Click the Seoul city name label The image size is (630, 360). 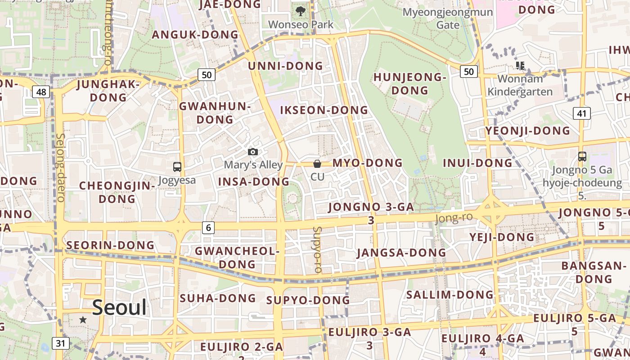[119, 308]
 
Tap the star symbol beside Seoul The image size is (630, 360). [83, 319]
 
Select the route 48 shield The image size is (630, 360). [41, 92]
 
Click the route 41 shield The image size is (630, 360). [581, 113]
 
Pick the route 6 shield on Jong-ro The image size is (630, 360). [208, 228]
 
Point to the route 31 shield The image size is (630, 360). [61, 343]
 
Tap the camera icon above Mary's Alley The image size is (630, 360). [253, 152]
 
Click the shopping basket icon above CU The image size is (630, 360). [317, 164]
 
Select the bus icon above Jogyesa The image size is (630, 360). [177, 167]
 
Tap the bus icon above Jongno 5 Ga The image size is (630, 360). [582, 157]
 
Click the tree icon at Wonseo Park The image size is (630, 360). [300, 11]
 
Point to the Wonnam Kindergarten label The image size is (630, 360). [520, 85]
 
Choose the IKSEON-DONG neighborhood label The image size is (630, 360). [324, 110]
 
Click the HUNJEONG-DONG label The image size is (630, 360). [409, 84]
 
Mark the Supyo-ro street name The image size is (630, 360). [317, 250]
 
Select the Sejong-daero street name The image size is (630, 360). [61, 167]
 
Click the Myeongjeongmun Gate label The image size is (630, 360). [448, 18]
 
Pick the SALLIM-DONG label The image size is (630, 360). [450, 295]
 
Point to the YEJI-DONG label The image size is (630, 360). [502, 237]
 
